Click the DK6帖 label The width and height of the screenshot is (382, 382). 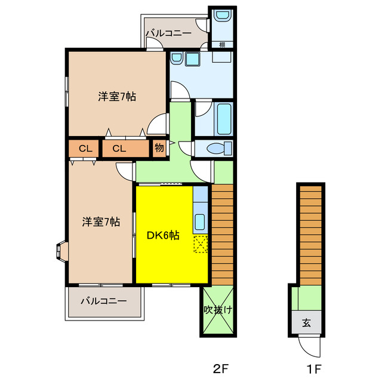point(163,235)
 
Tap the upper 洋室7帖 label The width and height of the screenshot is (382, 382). point(117,97)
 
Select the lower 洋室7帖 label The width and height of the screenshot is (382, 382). point(101,222)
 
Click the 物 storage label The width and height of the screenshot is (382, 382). point(159,147)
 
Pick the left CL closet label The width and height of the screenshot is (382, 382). point(85,149)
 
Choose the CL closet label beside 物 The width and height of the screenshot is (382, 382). point(119,149)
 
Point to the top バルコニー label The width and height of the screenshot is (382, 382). point(168,33)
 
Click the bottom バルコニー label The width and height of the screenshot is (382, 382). point(104,301)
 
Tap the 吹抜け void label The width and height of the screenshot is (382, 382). point(218,310)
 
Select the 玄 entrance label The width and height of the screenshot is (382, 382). point(306,323)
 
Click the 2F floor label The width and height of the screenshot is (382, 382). point(221,369)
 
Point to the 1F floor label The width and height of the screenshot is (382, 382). point(315,369)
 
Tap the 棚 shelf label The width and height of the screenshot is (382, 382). point(222,45)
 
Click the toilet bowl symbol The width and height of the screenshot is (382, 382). point(219,148)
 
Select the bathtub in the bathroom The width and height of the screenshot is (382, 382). point(224,119)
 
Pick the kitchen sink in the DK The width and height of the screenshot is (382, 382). point(200,221)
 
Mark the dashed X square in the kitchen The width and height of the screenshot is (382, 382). point(201,244)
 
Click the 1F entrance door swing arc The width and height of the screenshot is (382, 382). point(309,348)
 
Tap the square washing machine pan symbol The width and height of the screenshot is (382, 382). point(192,59)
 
